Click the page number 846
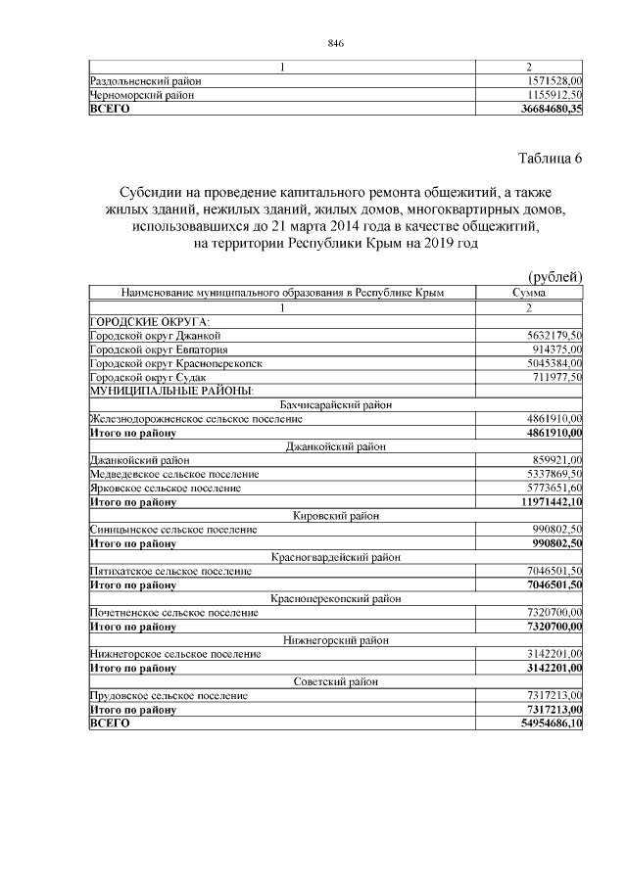[x=335, y=44]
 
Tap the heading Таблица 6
[x=549, y=160]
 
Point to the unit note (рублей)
[x=555, y=278]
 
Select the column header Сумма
[x=528, y=293]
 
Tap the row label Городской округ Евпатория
[x=159, y=349]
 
